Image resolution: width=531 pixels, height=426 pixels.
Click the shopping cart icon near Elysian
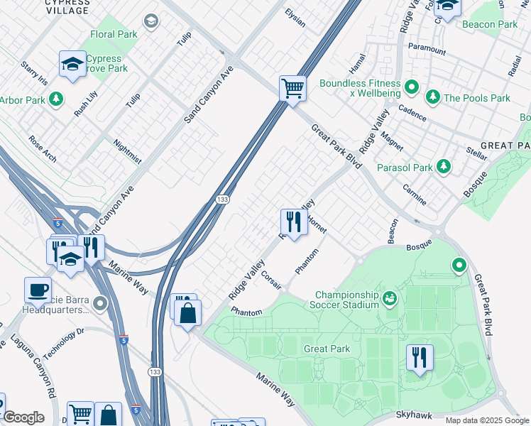click(x=292, y=89)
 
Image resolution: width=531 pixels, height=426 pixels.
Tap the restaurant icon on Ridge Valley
click(x=292, y=222)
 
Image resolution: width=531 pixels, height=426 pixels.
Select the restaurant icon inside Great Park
click(x=420, y=356)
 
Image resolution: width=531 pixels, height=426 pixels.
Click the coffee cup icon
click(x=38, y=290)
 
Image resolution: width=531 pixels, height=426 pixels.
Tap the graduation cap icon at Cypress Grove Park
click(x=72, y=64)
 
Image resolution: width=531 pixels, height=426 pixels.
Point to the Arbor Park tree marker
click(x=55, y=99)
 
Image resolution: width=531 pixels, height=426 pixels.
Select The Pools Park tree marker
click(x=431, y=96)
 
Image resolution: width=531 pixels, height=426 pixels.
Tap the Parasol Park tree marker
click(x=444, y=166)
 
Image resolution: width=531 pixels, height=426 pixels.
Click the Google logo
click(x=23, y=417)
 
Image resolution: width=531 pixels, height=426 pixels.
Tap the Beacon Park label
click(x=489, y=24)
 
